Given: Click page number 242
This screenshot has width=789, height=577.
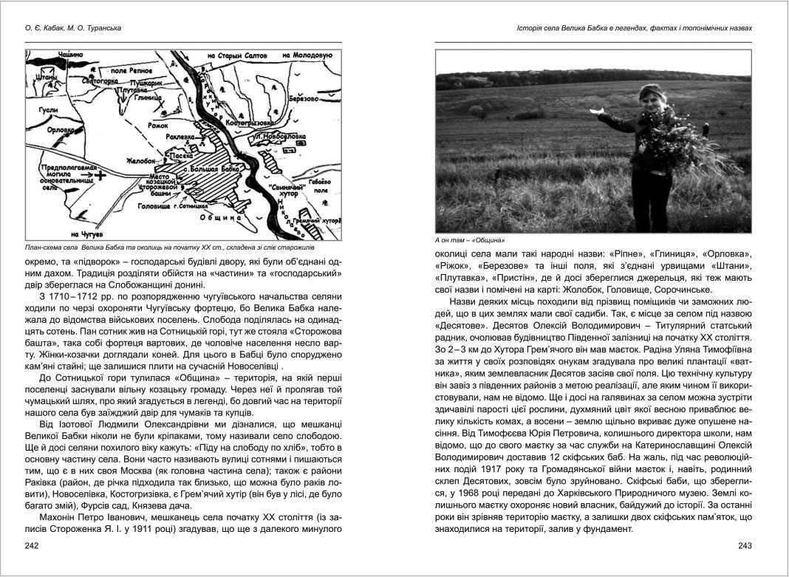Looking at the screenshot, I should [x=31, y=545].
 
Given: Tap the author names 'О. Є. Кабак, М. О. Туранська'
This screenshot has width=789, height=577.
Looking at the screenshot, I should [x=68, y=29].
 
